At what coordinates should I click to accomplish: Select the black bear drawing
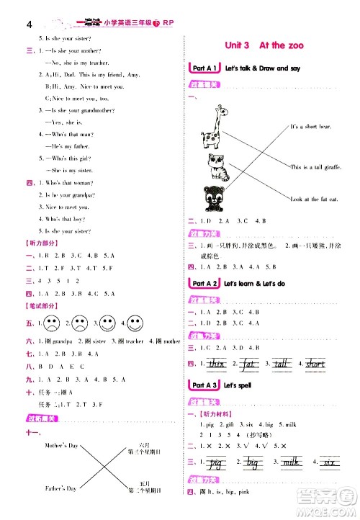tap(215, 198)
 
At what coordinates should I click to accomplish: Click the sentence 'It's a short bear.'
tap(310, 127)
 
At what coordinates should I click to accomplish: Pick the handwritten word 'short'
tap(315, 364)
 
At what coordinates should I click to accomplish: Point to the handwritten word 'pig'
tap(215, 463)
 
